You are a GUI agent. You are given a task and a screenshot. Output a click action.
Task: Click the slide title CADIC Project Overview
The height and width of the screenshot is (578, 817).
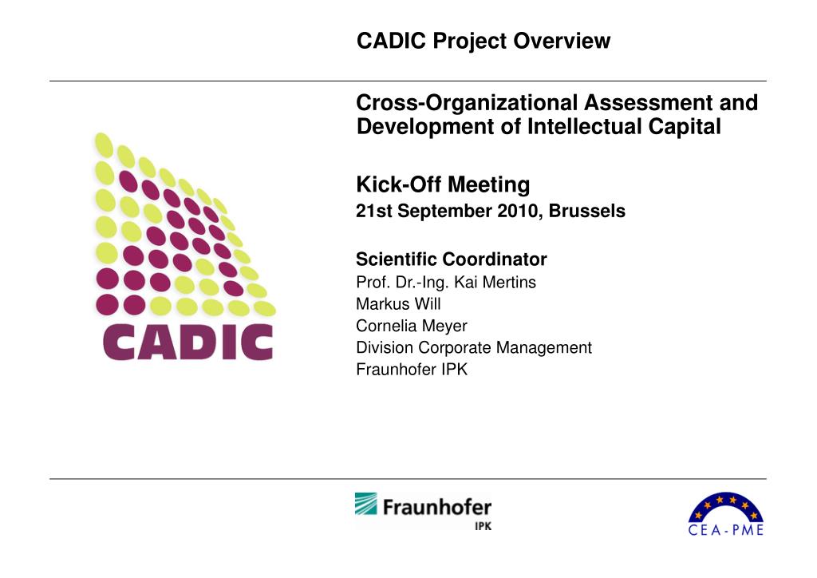(x=483, y=41)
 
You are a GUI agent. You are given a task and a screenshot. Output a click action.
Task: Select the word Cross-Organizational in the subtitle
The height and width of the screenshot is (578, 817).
(x=468, y=103)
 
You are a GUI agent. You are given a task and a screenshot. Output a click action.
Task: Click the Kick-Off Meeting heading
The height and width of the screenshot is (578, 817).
(x=442, y=185)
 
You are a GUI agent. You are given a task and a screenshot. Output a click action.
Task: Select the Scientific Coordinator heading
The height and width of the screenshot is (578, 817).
(x=451, y=259)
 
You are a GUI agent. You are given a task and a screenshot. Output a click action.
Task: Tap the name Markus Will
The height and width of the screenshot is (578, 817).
(x=397, y=304)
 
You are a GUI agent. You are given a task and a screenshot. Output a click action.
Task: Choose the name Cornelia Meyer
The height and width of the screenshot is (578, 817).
(x=411, y=326)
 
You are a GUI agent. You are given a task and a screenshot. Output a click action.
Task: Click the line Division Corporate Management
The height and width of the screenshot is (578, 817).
(x=473, y=347)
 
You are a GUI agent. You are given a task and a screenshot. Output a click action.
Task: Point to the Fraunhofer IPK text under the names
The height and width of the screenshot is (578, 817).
(x=411, y=370)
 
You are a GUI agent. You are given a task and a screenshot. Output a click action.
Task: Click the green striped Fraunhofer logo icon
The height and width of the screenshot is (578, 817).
(x=367, y=505)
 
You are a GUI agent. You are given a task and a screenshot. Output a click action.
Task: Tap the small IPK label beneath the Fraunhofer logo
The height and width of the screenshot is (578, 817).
(x=483, y=528)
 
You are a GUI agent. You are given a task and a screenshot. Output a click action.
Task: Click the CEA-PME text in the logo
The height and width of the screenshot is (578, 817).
(x=725, y=529)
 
